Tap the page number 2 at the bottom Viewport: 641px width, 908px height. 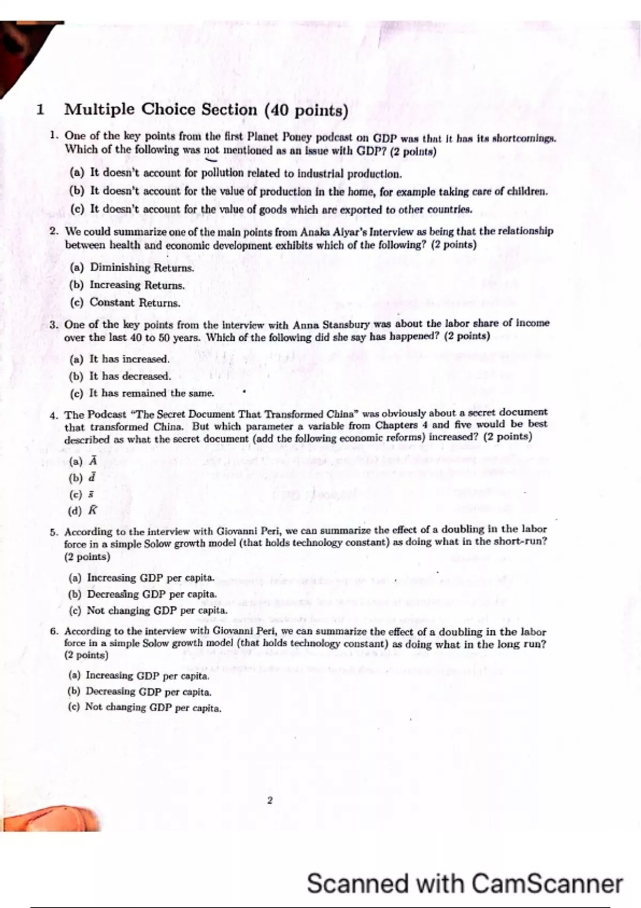click(270, 800)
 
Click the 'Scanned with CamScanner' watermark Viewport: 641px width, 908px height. click(464, 883)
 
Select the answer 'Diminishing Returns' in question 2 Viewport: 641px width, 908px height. click(141, 267)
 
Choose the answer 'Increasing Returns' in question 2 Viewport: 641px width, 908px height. click(137, 285)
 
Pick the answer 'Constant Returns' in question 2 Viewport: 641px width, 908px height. click(135, 302)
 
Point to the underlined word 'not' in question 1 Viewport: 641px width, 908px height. click(212, 151)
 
